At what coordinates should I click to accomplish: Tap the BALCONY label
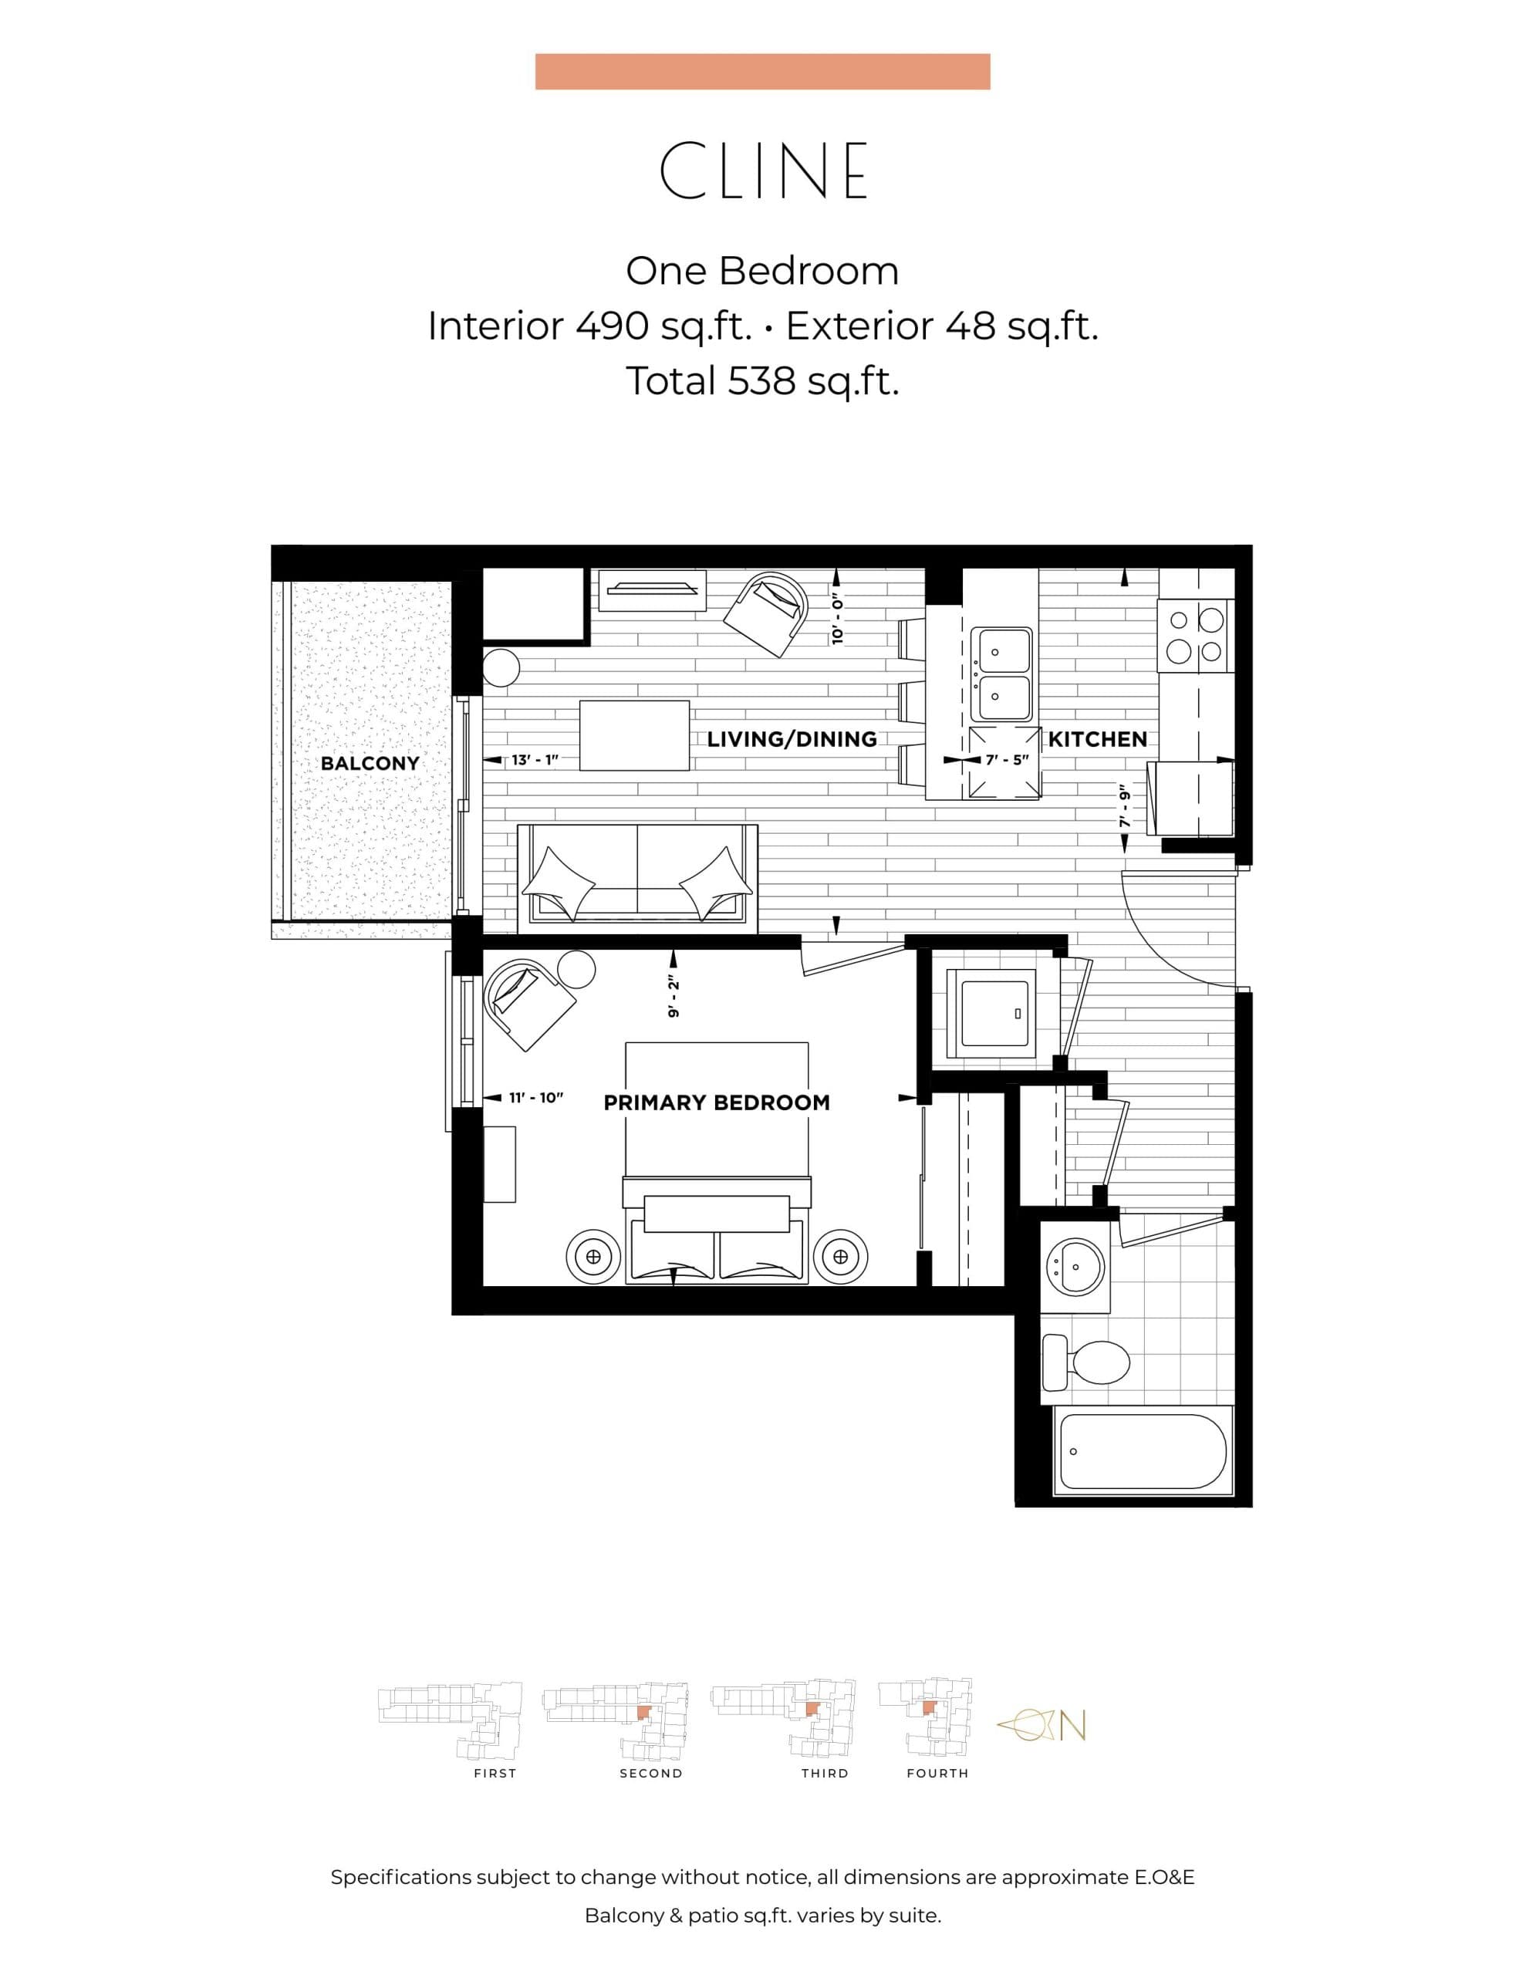click(x=370, y=763)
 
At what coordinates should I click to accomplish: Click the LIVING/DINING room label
click(x=792, y=739)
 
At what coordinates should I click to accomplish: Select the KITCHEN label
click(x=1097, y=739)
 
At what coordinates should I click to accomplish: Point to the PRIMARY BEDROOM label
click(x=717, y=1102)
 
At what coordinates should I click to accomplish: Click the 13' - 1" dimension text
click(x=535, y=760)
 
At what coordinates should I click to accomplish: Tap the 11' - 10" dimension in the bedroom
click(x=535, y=1097)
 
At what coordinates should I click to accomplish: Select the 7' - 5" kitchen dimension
click(x=1007, y=760)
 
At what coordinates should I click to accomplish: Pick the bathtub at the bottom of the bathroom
click(x=1143, y=1451)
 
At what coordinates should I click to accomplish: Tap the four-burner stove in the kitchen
click(x=1195, y=636)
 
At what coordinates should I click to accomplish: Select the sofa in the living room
click(x=636, y=877)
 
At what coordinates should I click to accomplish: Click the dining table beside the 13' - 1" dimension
click(x=634, y=735)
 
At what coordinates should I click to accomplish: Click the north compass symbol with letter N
click(x=1042, y=1725)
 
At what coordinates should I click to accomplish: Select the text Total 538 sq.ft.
click(x=762, y=380)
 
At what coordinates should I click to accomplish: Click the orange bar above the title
click(x=762, y=72)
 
